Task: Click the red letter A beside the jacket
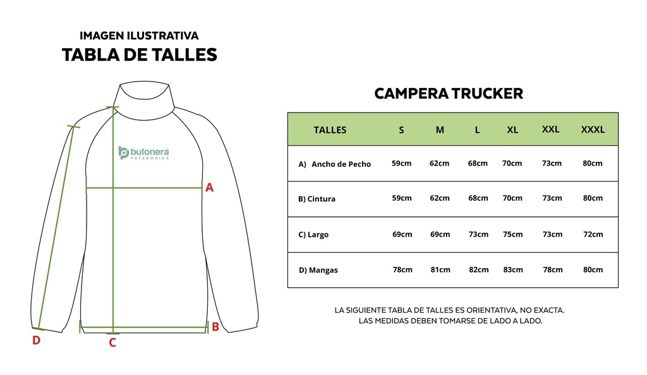coord(210,187)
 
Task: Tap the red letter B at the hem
coord(215,327)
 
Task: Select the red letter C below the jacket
coord(112,342)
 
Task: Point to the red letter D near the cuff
coord(36,340)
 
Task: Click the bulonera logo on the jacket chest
coord(143,153)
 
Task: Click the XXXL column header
coord(593,129)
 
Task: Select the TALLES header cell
coord(330,130)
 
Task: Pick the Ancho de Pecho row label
coord(335,164)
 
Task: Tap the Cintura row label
coord(317,199)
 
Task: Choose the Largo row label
coord(313,235)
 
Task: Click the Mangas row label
coord(318,270)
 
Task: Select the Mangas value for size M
coord(440,269)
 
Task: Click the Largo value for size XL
coord(512,234)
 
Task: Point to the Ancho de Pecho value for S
coord(401,163)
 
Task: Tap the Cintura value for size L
coord(478,198)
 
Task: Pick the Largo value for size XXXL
coord(593,234)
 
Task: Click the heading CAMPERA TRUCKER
coord(449,94)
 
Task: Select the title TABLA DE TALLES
coord(140,54)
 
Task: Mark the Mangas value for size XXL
coord(552,269)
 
